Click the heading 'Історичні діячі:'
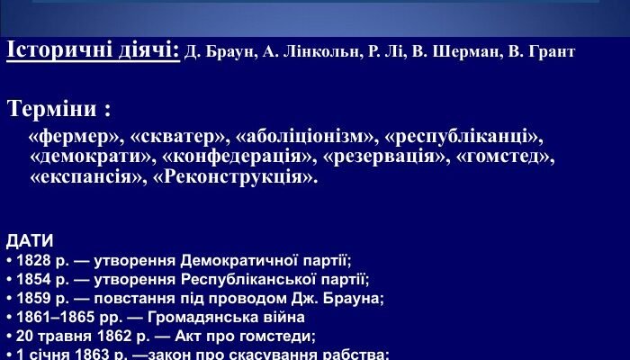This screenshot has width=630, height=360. (93, 50)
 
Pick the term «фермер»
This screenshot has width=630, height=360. (76, 138)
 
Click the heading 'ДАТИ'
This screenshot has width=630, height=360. (30, 241)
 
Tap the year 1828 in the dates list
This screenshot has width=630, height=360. (32, 261)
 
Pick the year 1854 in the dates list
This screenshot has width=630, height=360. (32, 279)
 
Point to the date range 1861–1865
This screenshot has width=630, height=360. (53, 317)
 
